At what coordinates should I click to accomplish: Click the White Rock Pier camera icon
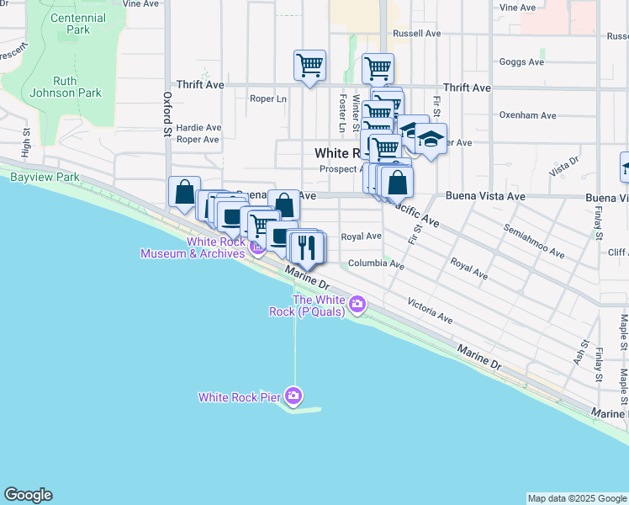click(x=293, y=395)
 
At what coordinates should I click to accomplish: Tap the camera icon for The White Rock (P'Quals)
click(x=358, y=304)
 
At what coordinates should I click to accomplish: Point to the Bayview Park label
click(x=45, y=178)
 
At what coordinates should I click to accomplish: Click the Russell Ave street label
click(x=416, y=34)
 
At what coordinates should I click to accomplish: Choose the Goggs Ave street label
click(x=521, y=62)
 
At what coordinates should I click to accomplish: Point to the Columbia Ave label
click(x=376, y=263)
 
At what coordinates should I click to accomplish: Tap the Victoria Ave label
click(x=430, y=310)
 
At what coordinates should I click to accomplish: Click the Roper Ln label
click(x=268, y=98)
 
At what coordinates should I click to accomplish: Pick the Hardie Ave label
click(x=198, y=128)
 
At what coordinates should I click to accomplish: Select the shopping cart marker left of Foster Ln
click(x=309, y=65)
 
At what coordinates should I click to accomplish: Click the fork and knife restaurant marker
click(x=307, y=246)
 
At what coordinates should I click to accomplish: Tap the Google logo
click(x=28, y=495)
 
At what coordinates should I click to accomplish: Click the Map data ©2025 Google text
click(x=576, y=498)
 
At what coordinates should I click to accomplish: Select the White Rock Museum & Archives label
click(x=193, y=247)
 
